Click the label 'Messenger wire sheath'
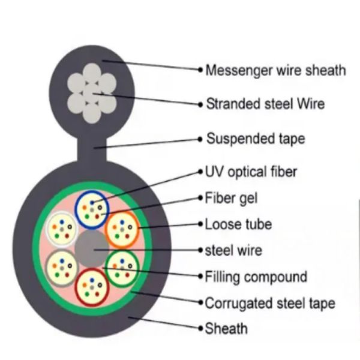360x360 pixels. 275,71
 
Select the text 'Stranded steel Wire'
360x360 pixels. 265,104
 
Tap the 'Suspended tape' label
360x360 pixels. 255,139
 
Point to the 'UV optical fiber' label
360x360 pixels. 251,172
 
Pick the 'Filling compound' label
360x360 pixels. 256,277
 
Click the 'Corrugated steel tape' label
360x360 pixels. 270,303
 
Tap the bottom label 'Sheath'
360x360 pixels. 226,328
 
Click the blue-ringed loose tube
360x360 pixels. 91,211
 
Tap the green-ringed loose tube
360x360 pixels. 122,266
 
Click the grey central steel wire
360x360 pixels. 92,248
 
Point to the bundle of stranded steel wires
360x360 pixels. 91,94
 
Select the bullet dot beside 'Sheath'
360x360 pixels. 200,328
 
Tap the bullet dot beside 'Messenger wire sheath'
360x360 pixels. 200,70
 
